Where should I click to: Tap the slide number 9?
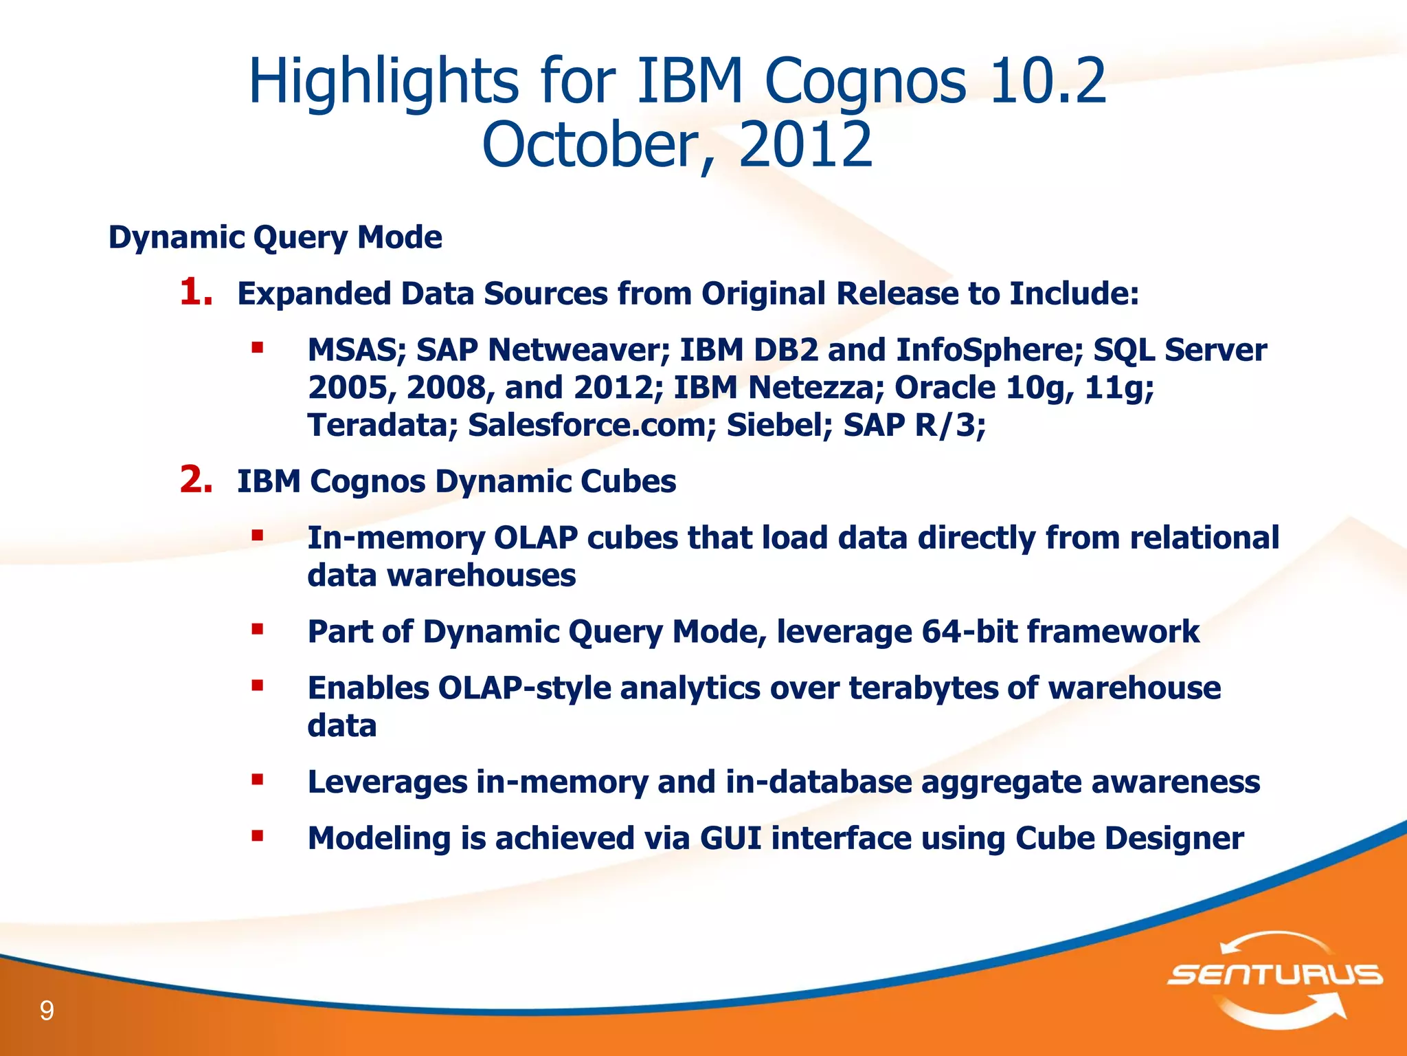tap(47, 1011)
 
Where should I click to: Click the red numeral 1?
tap(195, 292)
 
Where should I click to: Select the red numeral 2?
tap(195, 480)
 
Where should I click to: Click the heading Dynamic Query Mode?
tap(275, 237)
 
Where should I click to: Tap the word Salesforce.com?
tap(587, 425)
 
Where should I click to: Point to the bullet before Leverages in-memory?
tap(258, 780)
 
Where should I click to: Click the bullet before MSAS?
tap(258, 348)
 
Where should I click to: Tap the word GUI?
tap(730, 838)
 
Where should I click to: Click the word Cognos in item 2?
tap(368, 481)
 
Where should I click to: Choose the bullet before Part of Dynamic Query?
tap(258, 629)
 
